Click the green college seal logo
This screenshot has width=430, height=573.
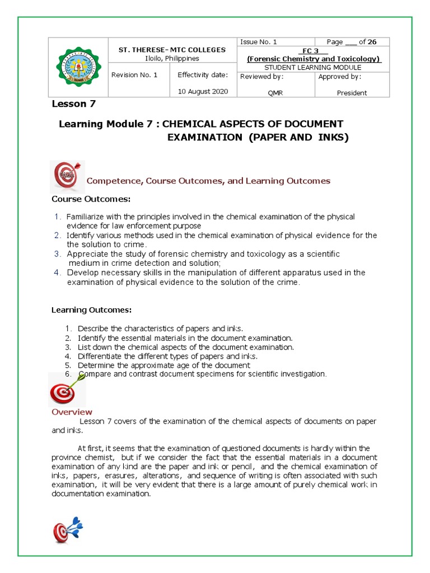[x=78, y=68]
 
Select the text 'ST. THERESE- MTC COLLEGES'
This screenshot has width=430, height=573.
[x=171, y=50]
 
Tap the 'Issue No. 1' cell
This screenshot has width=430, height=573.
[x=258, y=42]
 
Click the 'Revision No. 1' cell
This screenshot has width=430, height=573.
[x=134, y=75]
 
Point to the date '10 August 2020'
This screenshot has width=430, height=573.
[x=203, y=92]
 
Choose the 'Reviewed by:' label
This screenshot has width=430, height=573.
[x=262, y=77]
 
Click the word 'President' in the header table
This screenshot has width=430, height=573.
[x=352, y=93]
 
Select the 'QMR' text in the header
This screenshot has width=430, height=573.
[x=275, y=93]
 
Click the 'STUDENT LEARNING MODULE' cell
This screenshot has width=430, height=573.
[x=312, y=67]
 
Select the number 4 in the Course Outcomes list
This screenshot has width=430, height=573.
[x=57, y=273]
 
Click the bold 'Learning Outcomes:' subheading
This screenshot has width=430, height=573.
[x=92, y=309]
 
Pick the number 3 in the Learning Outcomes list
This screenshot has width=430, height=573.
[x=68, y=347]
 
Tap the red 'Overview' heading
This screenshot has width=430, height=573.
[x=72, y=412]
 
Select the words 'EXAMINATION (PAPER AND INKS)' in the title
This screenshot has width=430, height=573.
[x=258, y=138]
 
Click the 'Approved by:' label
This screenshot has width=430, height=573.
[x=339, y=77]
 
